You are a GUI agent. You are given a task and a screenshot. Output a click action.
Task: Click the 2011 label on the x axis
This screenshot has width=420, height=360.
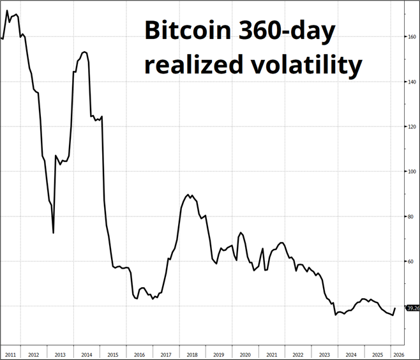coord(10,354)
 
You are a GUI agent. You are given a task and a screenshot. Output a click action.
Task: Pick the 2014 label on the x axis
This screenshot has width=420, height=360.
coord(87,354)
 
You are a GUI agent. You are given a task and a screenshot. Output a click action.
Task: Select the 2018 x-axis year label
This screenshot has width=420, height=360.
coord(192,354)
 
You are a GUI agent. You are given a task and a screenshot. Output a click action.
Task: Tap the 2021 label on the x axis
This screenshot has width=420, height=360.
coord(271,354)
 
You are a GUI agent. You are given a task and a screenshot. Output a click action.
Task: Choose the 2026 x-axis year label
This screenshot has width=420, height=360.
coord(397,354)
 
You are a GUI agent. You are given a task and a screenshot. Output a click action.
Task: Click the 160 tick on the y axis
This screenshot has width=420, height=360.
coord(412,36)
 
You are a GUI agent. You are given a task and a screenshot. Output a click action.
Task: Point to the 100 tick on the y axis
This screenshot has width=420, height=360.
coord(412,172)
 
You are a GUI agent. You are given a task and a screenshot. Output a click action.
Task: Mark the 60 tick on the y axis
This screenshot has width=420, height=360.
coord(412,262)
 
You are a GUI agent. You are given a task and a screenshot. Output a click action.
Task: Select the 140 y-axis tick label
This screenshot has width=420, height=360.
coord(412,82)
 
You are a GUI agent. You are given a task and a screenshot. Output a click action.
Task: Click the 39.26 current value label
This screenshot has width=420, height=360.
coord(412,308)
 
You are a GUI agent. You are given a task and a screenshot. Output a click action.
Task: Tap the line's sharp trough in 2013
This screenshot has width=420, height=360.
coord(53,232)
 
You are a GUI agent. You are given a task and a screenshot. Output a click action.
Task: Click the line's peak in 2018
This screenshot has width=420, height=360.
coord(188,194)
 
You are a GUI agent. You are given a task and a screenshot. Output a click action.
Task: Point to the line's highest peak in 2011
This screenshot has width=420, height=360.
coord(7,11)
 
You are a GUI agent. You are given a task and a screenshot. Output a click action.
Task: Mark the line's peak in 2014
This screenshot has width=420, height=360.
coord(85,52)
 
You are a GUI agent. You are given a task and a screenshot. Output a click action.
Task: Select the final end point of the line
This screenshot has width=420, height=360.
coord(395,308)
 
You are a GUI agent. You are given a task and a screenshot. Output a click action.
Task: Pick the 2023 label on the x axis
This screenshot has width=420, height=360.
coord(324,354)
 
